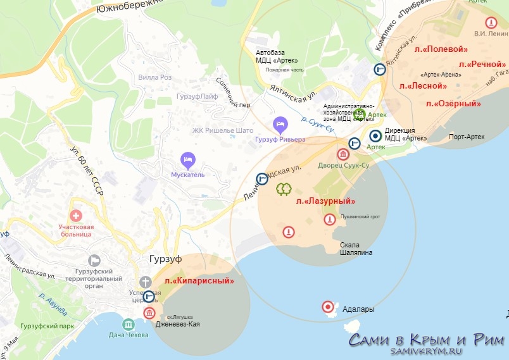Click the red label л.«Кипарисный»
199,280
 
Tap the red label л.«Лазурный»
325,201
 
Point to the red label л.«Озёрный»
453,103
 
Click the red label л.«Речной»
482,65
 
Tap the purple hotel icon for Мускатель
186,158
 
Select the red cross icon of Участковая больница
76,216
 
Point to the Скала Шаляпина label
356,249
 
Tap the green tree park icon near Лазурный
283,189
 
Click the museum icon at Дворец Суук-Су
343,154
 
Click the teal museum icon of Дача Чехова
129,324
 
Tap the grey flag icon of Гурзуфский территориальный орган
94,260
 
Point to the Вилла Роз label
154,77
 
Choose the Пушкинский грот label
361,216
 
